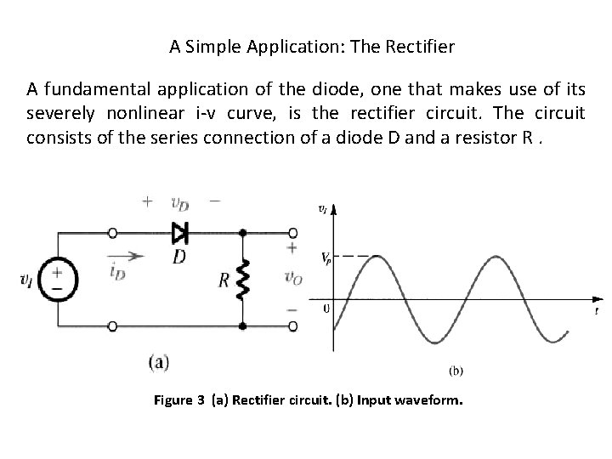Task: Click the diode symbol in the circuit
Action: click(179, 231)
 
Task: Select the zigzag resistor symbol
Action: click(243, 279)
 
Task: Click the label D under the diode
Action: click(179, 255)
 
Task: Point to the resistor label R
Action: click(224, 280)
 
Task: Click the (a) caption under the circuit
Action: click(158, 362)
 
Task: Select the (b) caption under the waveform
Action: click(455, 370)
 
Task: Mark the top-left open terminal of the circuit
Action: click(111, 232)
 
